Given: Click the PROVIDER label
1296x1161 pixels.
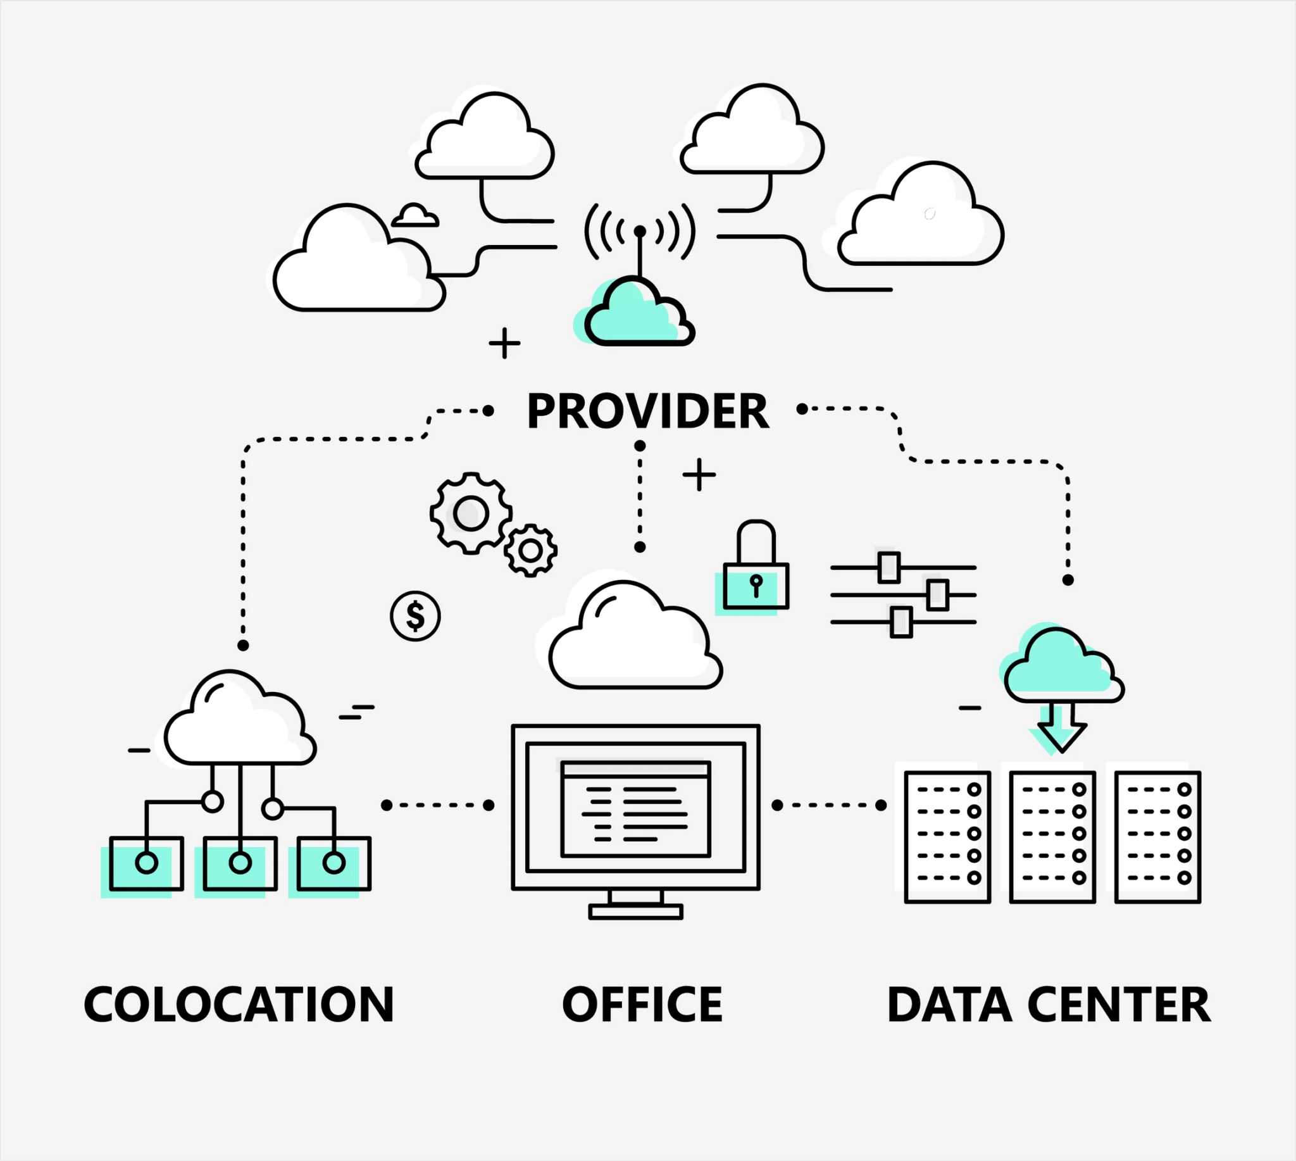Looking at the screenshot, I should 647,411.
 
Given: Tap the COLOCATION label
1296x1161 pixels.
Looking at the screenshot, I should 239,1005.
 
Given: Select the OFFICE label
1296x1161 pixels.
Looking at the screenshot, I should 642,1005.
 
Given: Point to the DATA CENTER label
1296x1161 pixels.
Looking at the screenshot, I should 1049,1005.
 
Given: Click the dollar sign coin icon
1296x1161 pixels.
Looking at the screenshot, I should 415,616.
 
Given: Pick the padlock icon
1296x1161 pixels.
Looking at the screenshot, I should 756,568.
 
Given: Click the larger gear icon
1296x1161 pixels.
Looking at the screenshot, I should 471,513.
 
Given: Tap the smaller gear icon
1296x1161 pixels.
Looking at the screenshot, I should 531,551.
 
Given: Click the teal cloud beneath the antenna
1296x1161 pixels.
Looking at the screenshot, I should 638,316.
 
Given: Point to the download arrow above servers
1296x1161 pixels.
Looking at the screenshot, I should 1062,727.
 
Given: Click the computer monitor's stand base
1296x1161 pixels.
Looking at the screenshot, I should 636,912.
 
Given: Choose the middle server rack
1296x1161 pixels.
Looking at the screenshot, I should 1052,837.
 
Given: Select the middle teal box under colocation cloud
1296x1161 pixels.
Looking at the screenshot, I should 240,863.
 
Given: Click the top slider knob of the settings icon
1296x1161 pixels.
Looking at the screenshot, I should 889,567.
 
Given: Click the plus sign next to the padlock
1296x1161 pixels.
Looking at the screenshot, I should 699,475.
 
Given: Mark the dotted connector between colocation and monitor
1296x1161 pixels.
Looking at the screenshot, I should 437,805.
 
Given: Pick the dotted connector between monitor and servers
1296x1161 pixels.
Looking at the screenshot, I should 829,805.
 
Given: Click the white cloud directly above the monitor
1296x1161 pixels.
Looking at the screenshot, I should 635,641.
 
